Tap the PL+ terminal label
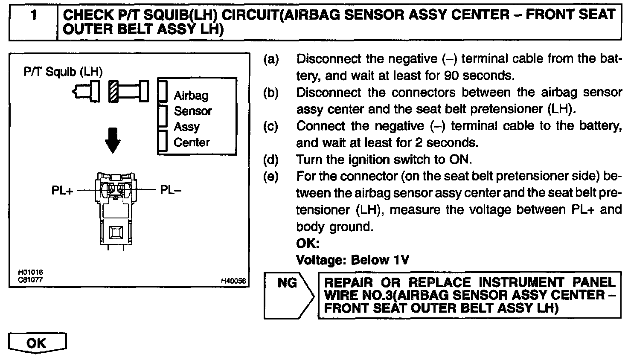point(62,190)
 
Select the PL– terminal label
point(171,190)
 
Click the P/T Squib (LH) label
point(63,72)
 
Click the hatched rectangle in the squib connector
point(113,91)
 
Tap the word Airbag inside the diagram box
point(191,96)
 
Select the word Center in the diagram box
point(192,142)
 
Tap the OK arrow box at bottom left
point(37,343)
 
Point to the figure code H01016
point(30,272)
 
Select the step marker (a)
point(271,59)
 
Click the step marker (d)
point(271,160)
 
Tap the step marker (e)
point(271,176)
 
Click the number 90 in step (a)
point(451,75)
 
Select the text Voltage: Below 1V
point(352,260)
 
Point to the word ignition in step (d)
point(369,160)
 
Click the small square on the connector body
point(116,232)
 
